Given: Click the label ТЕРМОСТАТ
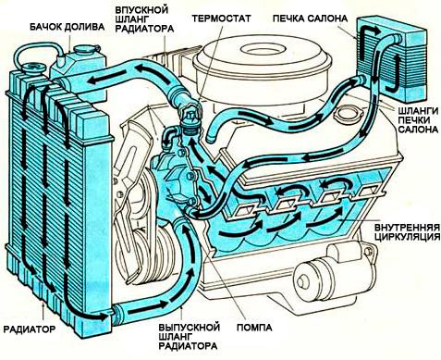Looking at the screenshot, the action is click(221, 18).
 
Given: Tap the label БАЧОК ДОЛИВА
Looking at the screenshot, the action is click(67, 27).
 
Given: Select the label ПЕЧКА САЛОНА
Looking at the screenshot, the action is click(310, 19).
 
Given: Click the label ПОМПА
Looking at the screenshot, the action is click(254, 328).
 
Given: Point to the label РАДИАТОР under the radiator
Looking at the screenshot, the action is click(30, 329).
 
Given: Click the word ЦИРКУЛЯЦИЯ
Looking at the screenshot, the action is click(407, 237).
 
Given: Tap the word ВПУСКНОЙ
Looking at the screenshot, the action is click(142, 9).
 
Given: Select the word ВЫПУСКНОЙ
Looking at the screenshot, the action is click(190, 327).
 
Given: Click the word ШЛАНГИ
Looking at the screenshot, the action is click(418, 111).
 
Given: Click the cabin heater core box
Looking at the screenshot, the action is click(392, 60).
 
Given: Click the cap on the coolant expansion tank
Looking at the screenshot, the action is click(85, 49).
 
